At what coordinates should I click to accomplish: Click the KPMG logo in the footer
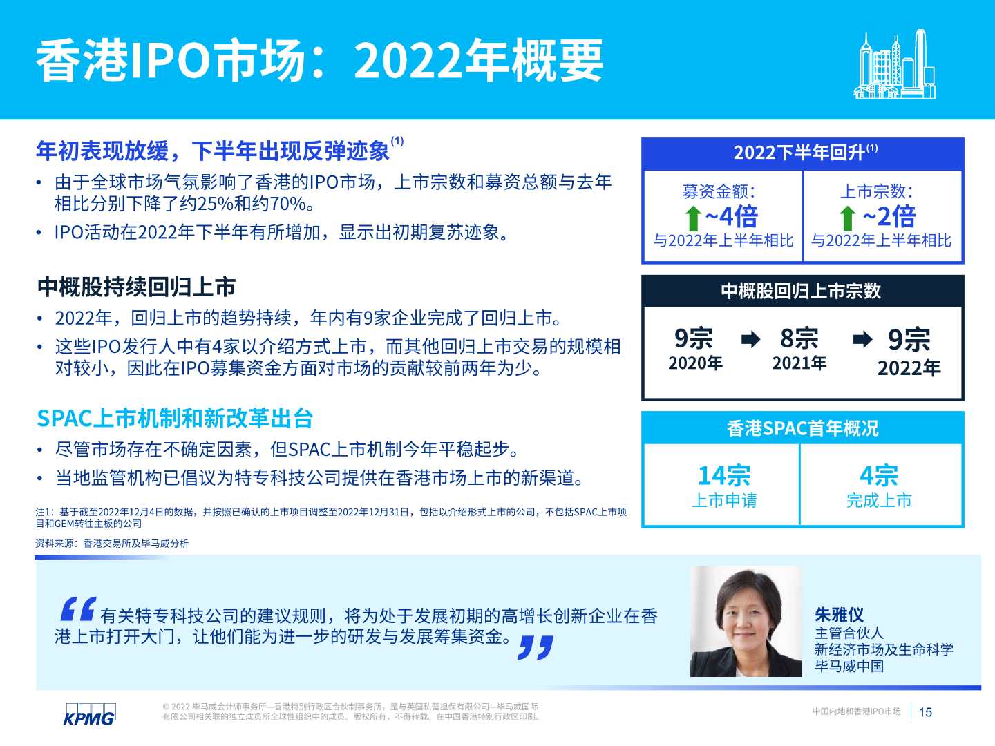click(x=89, y=714)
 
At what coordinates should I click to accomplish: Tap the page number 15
click(x=925, y=712)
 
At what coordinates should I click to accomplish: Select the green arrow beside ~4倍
click(x=693, y=218)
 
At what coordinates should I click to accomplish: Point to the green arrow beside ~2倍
click(x=847, y=218)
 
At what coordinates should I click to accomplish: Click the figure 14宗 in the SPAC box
click(x=724, y=476)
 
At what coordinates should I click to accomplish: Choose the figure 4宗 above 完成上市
click(x=879, y=476)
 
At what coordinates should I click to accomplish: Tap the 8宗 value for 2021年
click(x=799, y=338)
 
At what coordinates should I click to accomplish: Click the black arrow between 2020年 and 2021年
click(x=750, y=339)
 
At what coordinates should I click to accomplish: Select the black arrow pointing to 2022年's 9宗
click(x=862, y=339)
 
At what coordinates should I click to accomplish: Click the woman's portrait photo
click(x=746, y=621)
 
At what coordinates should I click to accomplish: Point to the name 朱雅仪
click(x=839, y=615)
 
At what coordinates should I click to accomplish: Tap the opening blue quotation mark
click(x=78, y=609)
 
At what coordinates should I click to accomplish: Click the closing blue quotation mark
click(x=536, y=647)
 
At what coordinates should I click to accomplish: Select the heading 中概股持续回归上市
click(x=136, y=287)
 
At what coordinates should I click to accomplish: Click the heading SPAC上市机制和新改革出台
click(x=175, y=418)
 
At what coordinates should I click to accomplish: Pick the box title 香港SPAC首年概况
click(x=802, y=428)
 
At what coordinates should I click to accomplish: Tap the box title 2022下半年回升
click(x=806, y=152)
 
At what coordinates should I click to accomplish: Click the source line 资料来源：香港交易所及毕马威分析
click(x=112, y=543)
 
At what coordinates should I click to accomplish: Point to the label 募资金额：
click(x=719, y=191)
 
